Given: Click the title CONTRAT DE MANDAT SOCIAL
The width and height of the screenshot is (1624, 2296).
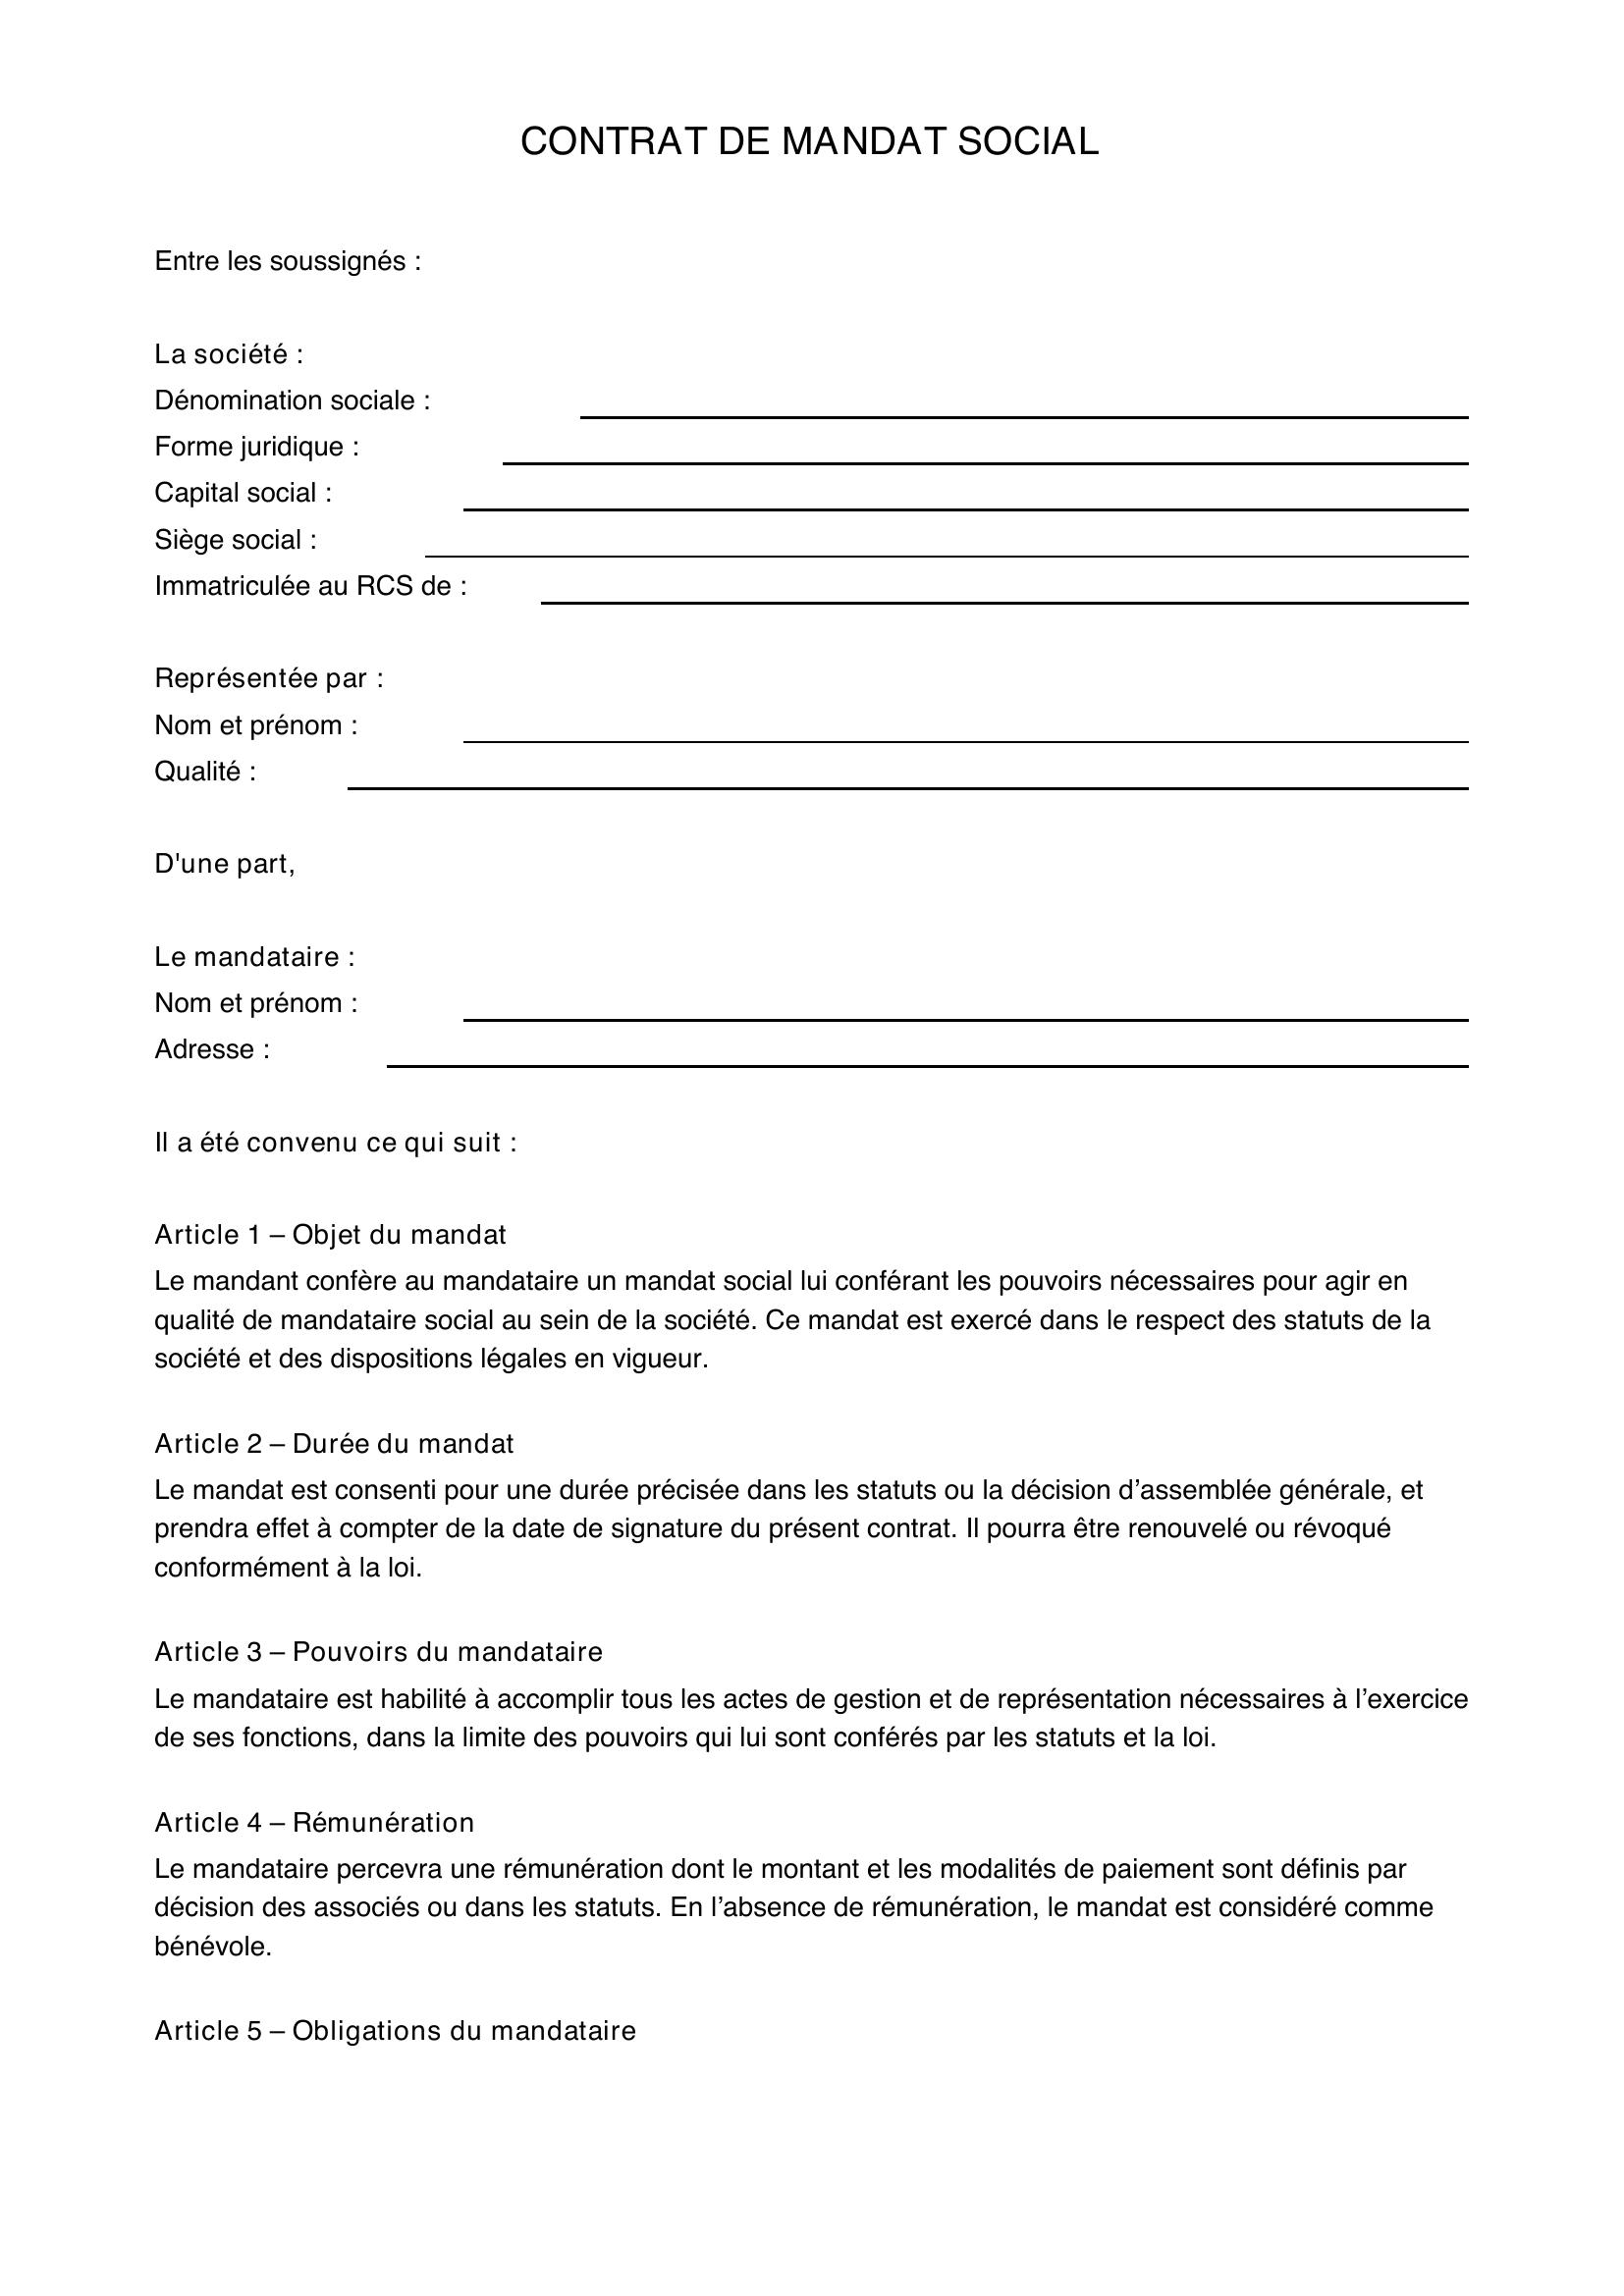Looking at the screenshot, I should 809,141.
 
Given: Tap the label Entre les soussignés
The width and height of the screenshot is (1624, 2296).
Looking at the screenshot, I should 288,261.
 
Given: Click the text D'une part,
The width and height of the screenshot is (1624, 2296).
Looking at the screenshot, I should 224,864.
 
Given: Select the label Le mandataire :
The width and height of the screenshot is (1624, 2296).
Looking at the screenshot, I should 254,957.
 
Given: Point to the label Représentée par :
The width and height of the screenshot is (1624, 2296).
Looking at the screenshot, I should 268,678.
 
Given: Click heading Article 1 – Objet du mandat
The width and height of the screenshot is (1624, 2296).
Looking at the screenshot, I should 330,1235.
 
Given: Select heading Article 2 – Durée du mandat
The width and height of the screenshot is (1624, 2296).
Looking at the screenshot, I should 334,1444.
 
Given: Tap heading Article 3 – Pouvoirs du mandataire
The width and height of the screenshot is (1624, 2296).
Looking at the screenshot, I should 378,1652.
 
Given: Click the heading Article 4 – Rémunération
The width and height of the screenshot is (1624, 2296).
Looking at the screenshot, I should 314,1823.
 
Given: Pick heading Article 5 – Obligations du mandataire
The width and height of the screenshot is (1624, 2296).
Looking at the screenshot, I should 395,2031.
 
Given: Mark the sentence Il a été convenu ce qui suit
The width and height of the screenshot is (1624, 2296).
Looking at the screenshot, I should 335,1142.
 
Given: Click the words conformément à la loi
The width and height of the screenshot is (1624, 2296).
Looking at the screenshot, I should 288,1567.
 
